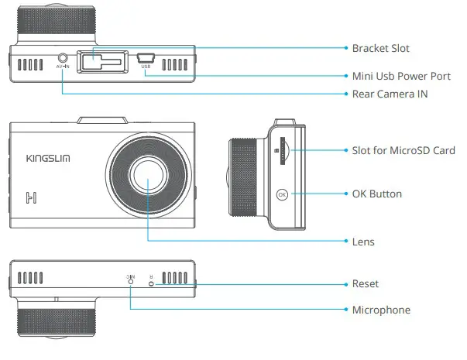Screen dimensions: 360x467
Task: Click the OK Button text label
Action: [x=376, y=194]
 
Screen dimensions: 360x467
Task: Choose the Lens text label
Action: [x=362, y=242]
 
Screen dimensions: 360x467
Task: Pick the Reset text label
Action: [x=365, y=284]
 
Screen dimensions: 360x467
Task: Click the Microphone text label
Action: [x=381, y=310]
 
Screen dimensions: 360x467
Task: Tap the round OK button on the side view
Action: [x=283, y=194]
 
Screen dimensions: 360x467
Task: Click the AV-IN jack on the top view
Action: [x=63, y=57]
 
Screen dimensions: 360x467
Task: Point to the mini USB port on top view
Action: [x=146, y=57]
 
